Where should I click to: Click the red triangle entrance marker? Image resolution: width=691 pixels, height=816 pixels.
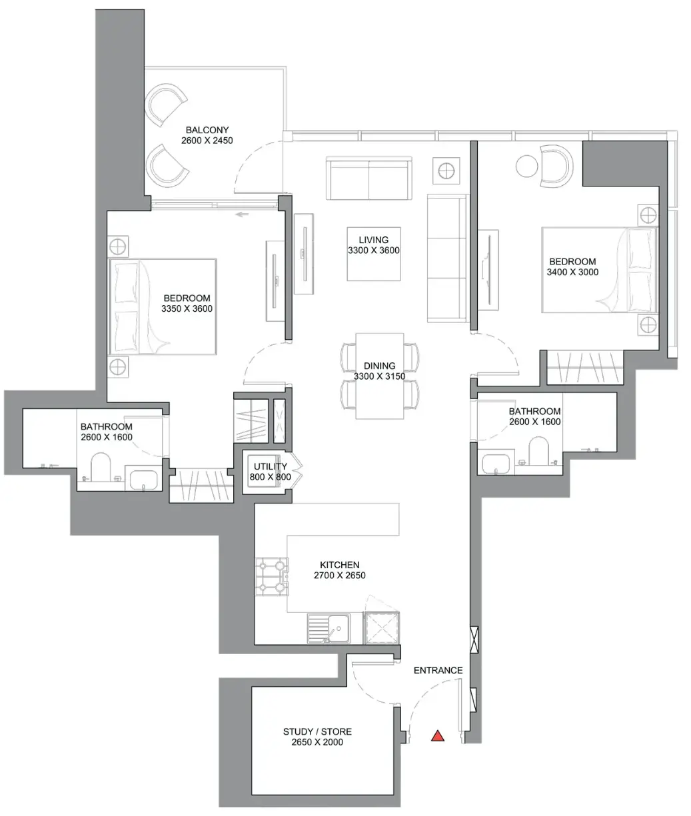(438, 736)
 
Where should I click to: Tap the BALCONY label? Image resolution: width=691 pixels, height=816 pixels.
(207, 130)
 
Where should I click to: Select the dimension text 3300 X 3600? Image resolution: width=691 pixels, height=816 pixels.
(374, 250)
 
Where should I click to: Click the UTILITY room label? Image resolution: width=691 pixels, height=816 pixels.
(271, 466)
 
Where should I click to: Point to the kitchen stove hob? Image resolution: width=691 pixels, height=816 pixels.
(272, 576)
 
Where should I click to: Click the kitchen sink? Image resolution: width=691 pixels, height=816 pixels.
(329, 628)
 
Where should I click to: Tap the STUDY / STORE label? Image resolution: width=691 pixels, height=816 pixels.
(317, 731)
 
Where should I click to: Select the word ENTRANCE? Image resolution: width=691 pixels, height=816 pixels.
(438, 670)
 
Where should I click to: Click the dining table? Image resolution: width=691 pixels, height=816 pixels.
(379, 376)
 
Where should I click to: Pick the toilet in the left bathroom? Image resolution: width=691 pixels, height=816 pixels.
(101, 467)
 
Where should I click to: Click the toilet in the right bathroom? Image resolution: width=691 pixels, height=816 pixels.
(538, 450)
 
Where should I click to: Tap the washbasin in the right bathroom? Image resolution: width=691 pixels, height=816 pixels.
(496, 464)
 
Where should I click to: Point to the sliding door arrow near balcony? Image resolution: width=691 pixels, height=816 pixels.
(243, 214)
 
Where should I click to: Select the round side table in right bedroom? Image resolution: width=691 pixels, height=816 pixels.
(526, 166)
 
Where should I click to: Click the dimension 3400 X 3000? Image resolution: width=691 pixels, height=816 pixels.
(572, 272)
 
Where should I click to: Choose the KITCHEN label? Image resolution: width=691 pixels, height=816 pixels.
(340, 564)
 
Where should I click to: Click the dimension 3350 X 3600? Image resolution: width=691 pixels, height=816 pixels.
(187, 308)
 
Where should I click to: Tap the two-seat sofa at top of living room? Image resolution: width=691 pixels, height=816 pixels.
(368, 179)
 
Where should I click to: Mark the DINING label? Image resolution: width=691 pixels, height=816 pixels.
(379, 366)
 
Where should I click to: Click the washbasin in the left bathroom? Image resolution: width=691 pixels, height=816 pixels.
(144, 479)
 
